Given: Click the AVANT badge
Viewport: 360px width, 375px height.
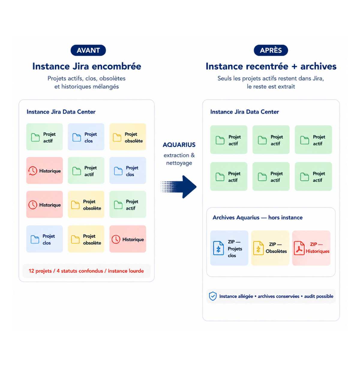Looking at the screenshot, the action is (x=88, y=50).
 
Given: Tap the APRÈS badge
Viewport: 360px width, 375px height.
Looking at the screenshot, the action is (x=271, y=50).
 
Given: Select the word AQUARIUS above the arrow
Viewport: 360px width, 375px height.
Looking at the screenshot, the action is (x=179, y=145).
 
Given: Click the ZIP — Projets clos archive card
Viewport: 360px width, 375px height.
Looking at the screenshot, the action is (x=229, y=248).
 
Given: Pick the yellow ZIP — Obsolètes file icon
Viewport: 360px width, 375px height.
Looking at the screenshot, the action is (x=258, y=248).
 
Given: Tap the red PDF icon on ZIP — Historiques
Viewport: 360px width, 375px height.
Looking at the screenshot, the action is (x=299, y=248).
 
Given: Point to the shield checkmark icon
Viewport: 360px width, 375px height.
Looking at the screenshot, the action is (x=213, y=296).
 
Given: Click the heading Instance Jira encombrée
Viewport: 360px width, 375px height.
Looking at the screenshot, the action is (x=87, y=66).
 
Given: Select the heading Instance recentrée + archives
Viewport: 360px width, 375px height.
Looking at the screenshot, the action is (x=271, y=66).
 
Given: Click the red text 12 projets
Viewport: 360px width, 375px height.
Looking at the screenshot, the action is (x=40, y=271).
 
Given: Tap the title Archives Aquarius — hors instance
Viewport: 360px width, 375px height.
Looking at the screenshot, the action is (x=257, y=217).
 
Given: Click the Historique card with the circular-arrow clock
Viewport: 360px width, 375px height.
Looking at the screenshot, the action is (x=44, y=170).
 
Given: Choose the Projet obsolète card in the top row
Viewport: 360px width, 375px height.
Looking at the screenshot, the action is (x=128, y=136).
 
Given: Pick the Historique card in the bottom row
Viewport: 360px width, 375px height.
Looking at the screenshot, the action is (x=128, y=239).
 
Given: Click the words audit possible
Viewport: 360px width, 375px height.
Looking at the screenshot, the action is (x=319, y=296).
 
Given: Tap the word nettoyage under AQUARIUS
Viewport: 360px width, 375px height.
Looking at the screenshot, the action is (x=179, y=163).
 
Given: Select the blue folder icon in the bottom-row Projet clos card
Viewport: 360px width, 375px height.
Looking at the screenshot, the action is (x=35, y=239).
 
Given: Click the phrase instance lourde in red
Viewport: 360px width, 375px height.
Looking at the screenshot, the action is (x=126, y=271).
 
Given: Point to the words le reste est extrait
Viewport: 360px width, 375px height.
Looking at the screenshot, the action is (x=271, y=86).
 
